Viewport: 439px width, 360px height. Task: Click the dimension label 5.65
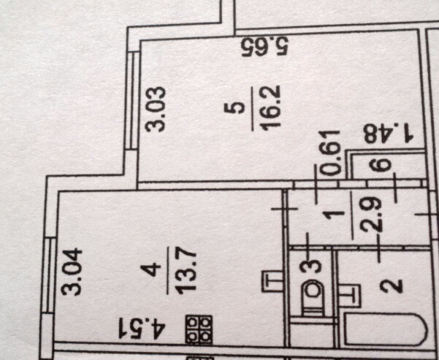pyautogui.click(x=265, y=47)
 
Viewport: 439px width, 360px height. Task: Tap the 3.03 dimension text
pyautogui.click(x=156, y=110)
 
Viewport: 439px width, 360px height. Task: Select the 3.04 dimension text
pyautogui.click(x=72, y=272)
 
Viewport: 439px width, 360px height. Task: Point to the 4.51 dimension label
pyautogui.click(x=142, y=328)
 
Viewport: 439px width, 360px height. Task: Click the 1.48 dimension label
pyautogui.click(x=389, y=133)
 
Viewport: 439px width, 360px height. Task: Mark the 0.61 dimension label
pyautogui.click(x=331, y=153)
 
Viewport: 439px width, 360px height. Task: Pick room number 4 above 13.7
pyautogui.click(x=150, y=272)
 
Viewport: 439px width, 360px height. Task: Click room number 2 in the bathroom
pyautogui.click(x=392, y=286)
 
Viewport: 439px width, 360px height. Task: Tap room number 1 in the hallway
pyautogui.click(x=333, y=215)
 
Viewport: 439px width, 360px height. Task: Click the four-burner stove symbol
pyautogui.click(x=199, y=329)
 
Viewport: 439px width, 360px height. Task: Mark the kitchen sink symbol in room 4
pyautogui.click(x=272, y=281)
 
